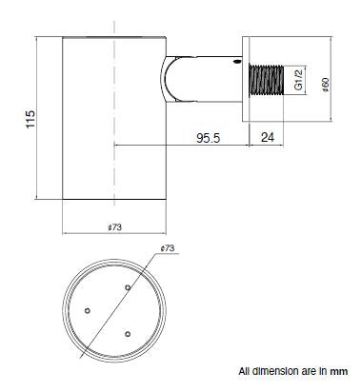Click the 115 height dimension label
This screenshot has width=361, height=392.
pyautogui.click(x=30, y=119)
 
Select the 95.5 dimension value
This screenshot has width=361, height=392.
pyautogui.click(x=208, y=138)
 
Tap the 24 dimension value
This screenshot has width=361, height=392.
pyautogui.click(x=268, y=138)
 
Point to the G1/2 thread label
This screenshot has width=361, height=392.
pyautogui.click(x=298, y=80)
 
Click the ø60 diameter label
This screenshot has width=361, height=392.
pyautogui.click(x=326, y=85)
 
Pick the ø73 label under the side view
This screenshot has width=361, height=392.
pyautogui.click(x=114, y=227)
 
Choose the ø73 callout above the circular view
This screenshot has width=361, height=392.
pyautogui.click(x=168, y=248)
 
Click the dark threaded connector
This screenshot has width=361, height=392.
pyautogui.click(x=267, y=80)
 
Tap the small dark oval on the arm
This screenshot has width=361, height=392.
pyautogui.click(x=237, y=61)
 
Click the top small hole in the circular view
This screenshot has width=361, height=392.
pyautogui.click(x=128, y=287)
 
